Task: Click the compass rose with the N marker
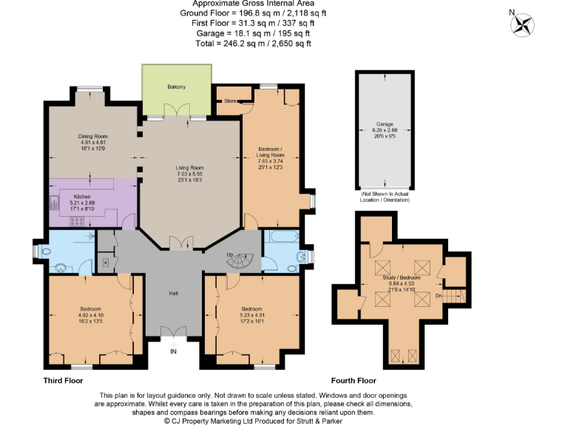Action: point(525,24)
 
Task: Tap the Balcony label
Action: point(176,87)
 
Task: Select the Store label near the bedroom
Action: point(230,100)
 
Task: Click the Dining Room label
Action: point(94,136)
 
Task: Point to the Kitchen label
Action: point(82,196)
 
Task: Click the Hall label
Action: point(173,294)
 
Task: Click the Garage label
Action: point(384,124)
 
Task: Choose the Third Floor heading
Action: point(64,380)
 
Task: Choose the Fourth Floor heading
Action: point(354,380)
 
